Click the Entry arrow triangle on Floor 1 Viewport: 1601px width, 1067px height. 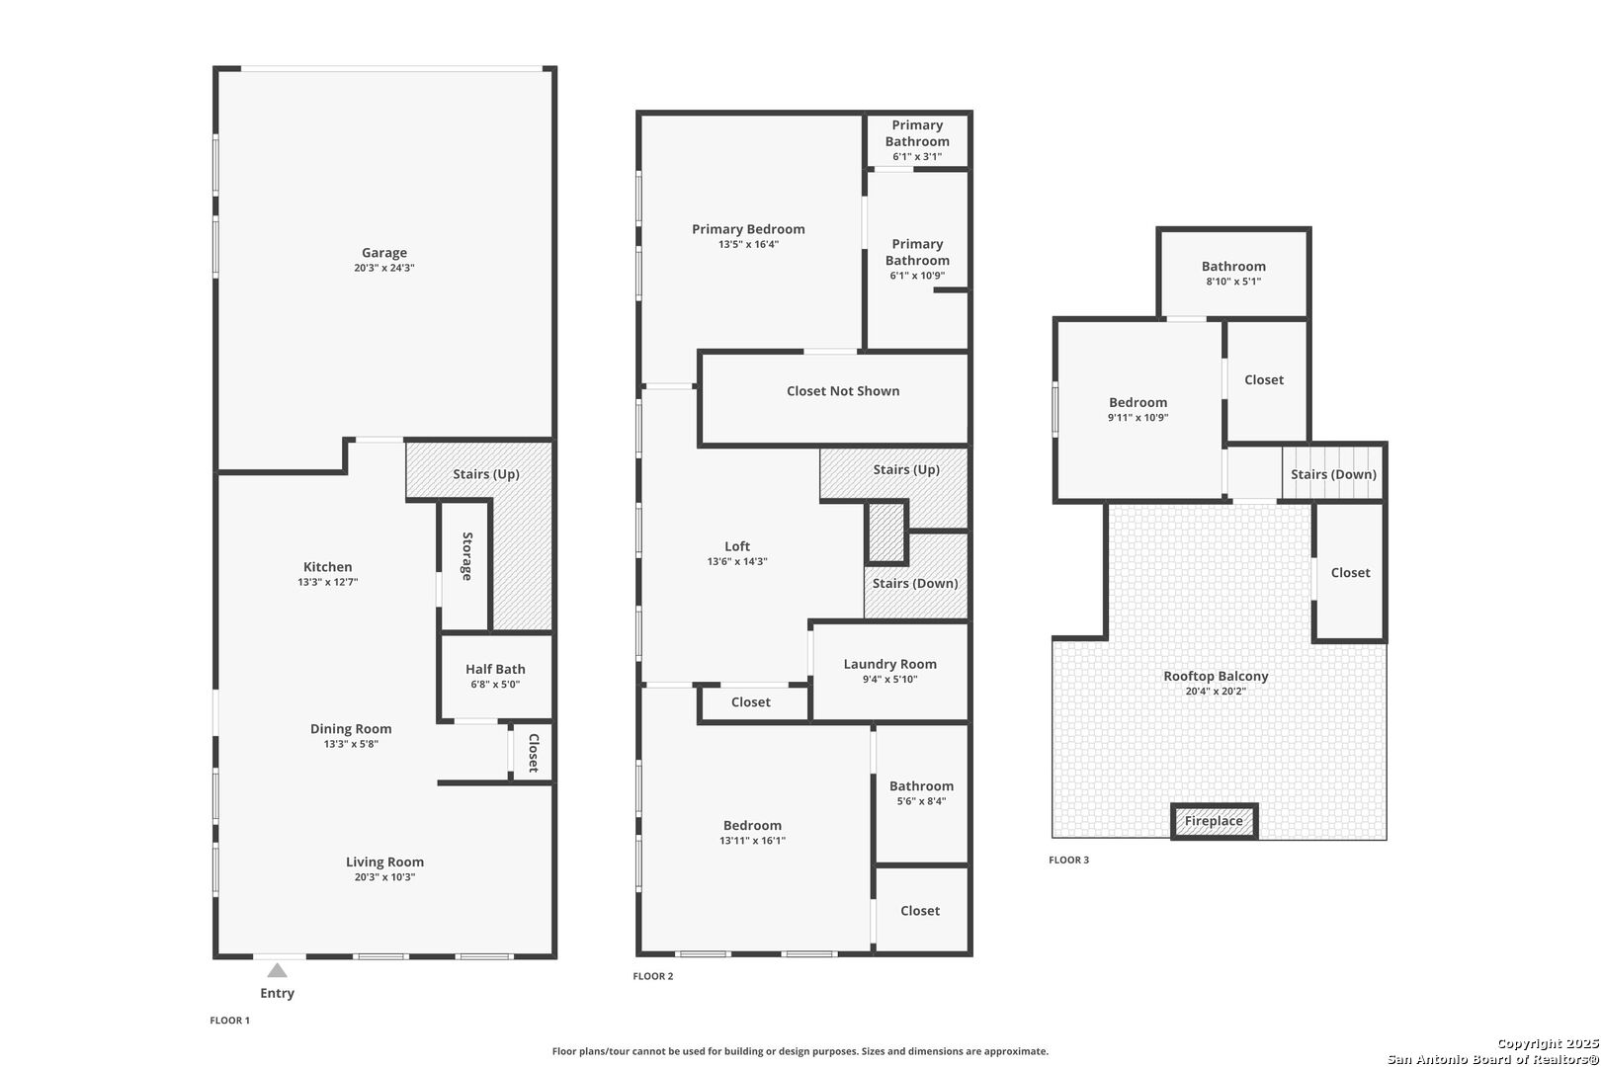pyautogui.click(x=278, y=970)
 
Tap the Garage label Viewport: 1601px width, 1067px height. pyautogui.click(x=384, y=253)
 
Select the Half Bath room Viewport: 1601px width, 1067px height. pyautogui.click(x=495, y=676)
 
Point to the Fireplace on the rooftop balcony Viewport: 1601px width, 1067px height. pyautogui.click(x=1214, y=821)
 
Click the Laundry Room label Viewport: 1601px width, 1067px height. pyautogui.click(x=889, y=664)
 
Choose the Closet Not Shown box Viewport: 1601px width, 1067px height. pyautogui.click(x=842, y=391)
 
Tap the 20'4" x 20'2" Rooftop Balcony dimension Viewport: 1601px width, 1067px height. pyautogui.click(x=1216, y=692)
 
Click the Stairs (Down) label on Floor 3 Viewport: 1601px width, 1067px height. pyautogui.click(x=1333, y=474)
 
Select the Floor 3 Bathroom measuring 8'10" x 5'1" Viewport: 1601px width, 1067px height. pyautogui.click(x=1233, y=273)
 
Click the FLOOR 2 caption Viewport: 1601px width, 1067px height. pyautogui.click(x=653, y=976)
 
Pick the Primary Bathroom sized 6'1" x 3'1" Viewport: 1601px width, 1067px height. pyautogui.click(x=917, y=140)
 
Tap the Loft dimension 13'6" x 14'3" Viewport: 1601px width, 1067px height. pyautogui.click(x=737, y=561)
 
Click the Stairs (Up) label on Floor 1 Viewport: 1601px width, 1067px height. pyautogui.click(x=486, y=474)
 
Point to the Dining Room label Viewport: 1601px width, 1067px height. pyautogui.click(x=351, y=729)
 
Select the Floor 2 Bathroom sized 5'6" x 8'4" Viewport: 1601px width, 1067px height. pyautogui.click(x=921, y=793)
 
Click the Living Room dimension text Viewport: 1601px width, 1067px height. pyautogui.click(x=384, y=877)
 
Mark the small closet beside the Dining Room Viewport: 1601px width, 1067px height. pyautogui.click(x=532, y=753)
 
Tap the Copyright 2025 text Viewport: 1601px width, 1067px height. pyautogui.click(x=1547, y=1044)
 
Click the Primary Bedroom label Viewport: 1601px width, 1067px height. pyautogui.click(x=748, y=229)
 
